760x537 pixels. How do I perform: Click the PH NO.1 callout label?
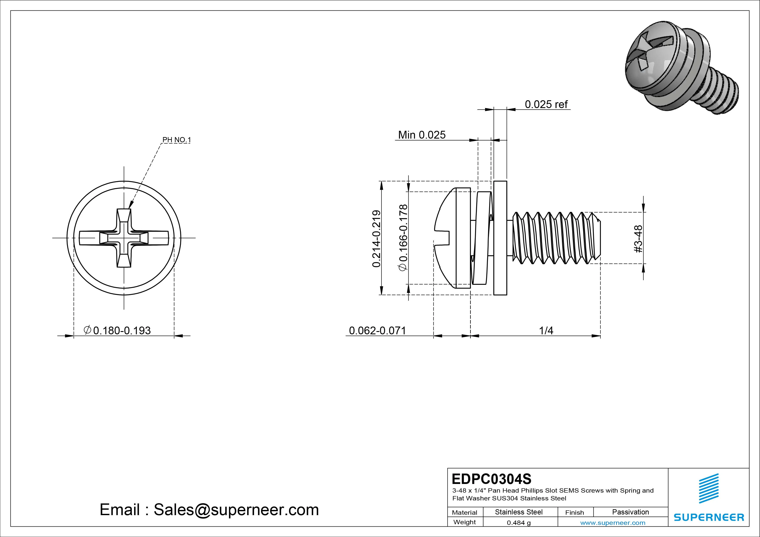click(176, 140)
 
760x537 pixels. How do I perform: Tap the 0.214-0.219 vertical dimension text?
click(376, 238)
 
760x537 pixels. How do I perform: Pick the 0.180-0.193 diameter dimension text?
click(118, 330)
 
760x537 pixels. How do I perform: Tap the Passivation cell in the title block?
click(630, 512)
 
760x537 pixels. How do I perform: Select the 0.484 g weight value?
click(518, 523)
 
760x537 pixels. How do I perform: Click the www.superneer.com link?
click(613, 523)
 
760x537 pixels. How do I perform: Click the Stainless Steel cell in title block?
click(518, 512)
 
